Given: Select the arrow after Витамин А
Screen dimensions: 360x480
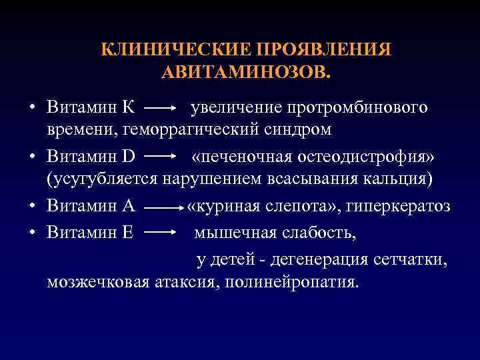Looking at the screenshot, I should click(x=163, y=207).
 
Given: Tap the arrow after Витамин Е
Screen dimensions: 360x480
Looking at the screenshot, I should click(x=160, y=233).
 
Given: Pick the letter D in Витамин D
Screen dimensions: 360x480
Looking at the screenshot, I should click(x=129, y=157).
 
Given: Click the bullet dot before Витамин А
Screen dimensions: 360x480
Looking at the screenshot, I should click(x=32, y=207).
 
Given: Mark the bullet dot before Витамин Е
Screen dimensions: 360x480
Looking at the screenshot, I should click(x=32, y=233).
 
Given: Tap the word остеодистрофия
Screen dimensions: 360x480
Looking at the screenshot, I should click(x=368, y=157).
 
